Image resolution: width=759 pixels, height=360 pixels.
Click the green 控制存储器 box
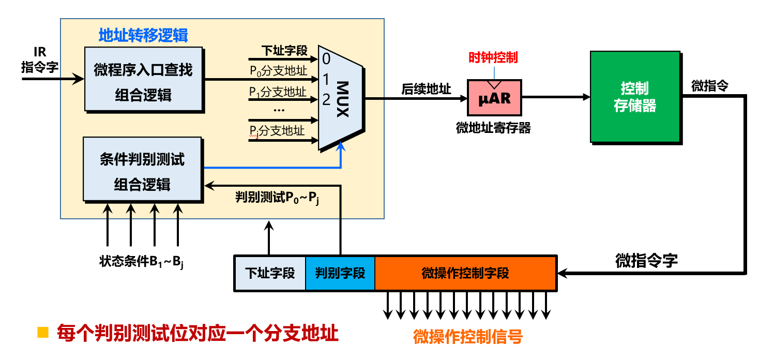[634, 97]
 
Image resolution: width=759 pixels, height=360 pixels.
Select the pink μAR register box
[494, 97]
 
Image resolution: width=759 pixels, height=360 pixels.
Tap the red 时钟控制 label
[493, 57]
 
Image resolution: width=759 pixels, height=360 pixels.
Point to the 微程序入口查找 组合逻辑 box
[143, 79]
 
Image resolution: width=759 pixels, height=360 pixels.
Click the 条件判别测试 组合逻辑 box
[142, 169]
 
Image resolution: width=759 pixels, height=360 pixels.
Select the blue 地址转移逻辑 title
[143, 35]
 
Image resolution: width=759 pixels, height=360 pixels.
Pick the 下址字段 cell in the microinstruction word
[270, 273]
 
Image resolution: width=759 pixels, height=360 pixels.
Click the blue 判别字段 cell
[340, 273]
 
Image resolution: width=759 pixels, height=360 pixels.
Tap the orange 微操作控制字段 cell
[465, 273]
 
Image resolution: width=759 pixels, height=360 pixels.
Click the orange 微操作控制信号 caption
[468, 337]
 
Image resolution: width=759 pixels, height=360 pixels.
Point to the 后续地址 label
[426, 89]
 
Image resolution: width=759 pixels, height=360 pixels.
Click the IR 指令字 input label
[39, 60]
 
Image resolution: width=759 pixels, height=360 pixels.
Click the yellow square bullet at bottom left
[42, 332]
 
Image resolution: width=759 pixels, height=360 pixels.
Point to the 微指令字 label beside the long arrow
[646, 260]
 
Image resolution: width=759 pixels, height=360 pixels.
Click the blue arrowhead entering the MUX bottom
[341, 148]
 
